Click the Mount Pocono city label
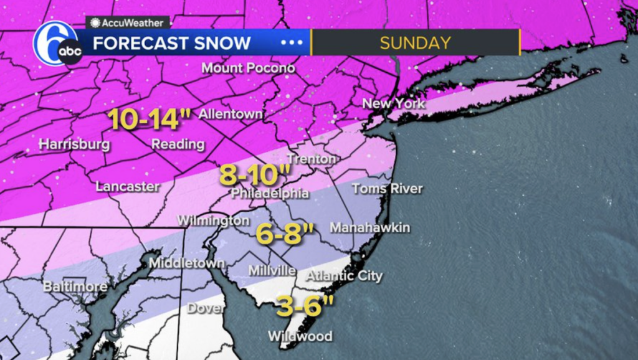click(248, 68)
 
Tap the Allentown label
click(231, 115)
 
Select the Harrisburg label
click(74, 144)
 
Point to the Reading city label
click(178, 144)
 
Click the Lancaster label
click(127, 186)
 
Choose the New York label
click(393, 103)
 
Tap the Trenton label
click(312, 159)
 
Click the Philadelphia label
click(270, 194)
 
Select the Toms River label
click(387, 189)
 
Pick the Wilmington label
click(213, 221)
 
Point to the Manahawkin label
click(369, 228)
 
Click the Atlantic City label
click(343, 276)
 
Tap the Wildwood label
click(300, 336)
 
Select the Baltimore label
click(75, 287)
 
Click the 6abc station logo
click(57, 44)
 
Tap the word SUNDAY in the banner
click(415, 43)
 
